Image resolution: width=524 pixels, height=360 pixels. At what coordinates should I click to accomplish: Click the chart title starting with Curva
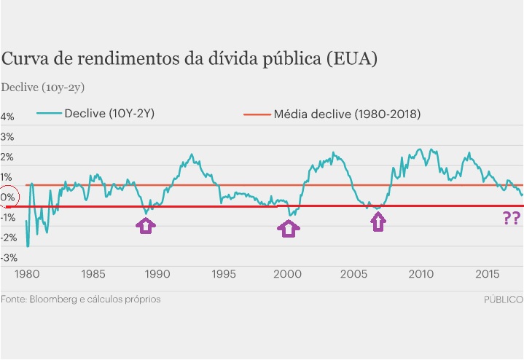click(x=189, y=59)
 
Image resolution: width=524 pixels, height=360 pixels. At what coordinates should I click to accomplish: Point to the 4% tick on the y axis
click(x=7, y=117)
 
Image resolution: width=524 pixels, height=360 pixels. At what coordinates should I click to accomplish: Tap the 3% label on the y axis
click(x=7, y=137)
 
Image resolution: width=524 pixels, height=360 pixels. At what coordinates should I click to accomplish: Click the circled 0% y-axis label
click(x=7, y=197)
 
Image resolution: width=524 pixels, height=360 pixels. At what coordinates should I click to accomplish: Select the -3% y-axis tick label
click(x=9, y=258)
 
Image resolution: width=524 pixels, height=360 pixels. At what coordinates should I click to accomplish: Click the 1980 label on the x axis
click(x=26, y=275)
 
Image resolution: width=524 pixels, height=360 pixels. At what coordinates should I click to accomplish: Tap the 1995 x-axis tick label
click(x=224, y=275)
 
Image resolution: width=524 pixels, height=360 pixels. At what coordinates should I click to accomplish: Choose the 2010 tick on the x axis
click(x=421, y=275)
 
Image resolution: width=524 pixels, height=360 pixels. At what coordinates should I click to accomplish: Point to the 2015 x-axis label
click(x=486, y=275)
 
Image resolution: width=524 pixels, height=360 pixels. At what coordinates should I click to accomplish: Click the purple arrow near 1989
click(x=146, y=225)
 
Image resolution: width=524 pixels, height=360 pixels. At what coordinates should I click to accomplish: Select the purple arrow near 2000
click(x=289, y=229)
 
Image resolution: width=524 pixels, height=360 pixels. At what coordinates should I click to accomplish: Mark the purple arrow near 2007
click(x=378, y=222)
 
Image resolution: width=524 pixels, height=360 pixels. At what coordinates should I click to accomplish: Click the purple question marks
click(x=512, y=218)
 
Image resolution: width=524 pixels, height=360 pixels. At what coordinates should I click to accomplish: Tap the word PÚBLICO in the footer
click(x=503, y=300)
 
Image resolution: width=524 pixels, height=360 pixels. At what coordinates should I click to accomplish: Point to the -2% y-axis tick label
click(x=9, y=238)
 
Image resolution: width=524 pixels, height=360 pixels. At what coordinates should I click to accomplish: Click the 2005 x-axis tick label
click(x=355, y=275)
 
